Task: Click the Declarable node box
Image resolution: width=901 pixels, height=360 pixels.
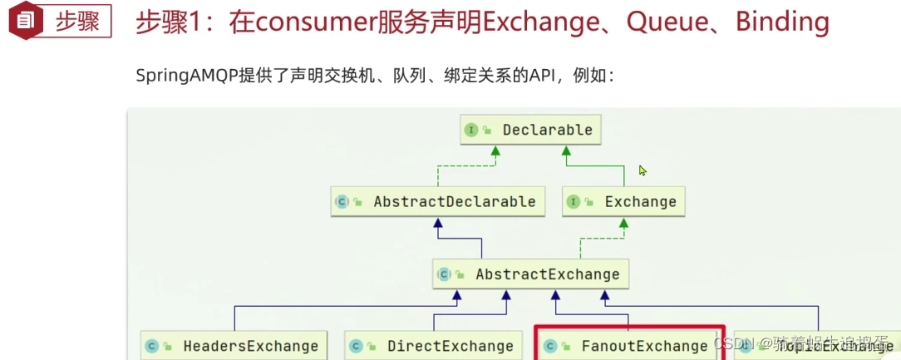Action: click(530, 130)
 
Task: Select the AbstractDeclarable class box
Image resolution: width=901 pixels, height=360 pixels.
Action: click(438, 202)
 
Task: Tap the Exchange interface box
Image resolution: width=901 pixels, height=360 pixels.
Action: click(624, 202)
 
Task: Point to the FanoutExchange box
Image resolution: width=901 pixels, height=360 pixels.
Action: click(628, 346)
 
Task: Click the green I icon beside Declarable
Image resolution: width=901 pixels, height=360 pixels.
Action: click(471, 130)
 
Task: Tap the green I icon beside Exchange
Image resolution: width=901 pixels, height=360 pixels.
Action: click(574, 202)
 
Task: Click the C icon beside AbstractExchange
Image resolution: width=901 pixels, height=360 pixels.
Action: click(444, 274)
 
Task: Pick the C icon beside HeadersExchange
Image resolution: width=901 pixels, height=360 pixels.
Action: click(151, 346)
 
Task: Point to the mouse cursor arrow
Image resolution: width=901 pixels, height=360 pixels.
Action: click(642, 170)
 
